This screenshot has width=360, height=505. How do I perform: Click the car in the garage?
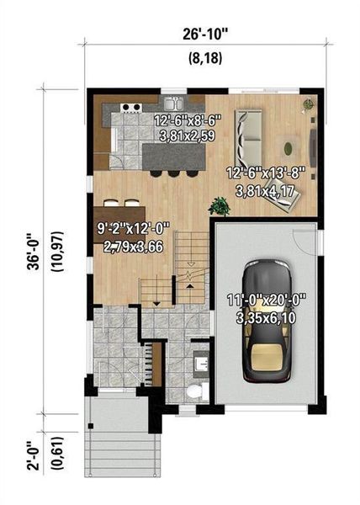click(265, 319)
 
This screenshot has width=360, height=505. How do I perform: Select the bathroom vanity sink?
click(202, 364)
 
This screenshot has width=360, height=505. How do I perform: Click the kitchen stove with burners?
click(131, 107)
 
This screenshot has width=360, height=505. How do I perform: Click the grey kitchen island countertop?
click(172, 157)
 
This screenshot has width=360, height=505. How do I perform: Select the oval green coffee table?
click(289, 149)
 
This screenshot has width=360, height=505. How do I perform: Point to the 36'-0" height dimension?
click(32, 244)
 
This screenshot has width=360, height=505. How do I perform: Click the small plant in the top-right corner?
click(309, 105)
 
